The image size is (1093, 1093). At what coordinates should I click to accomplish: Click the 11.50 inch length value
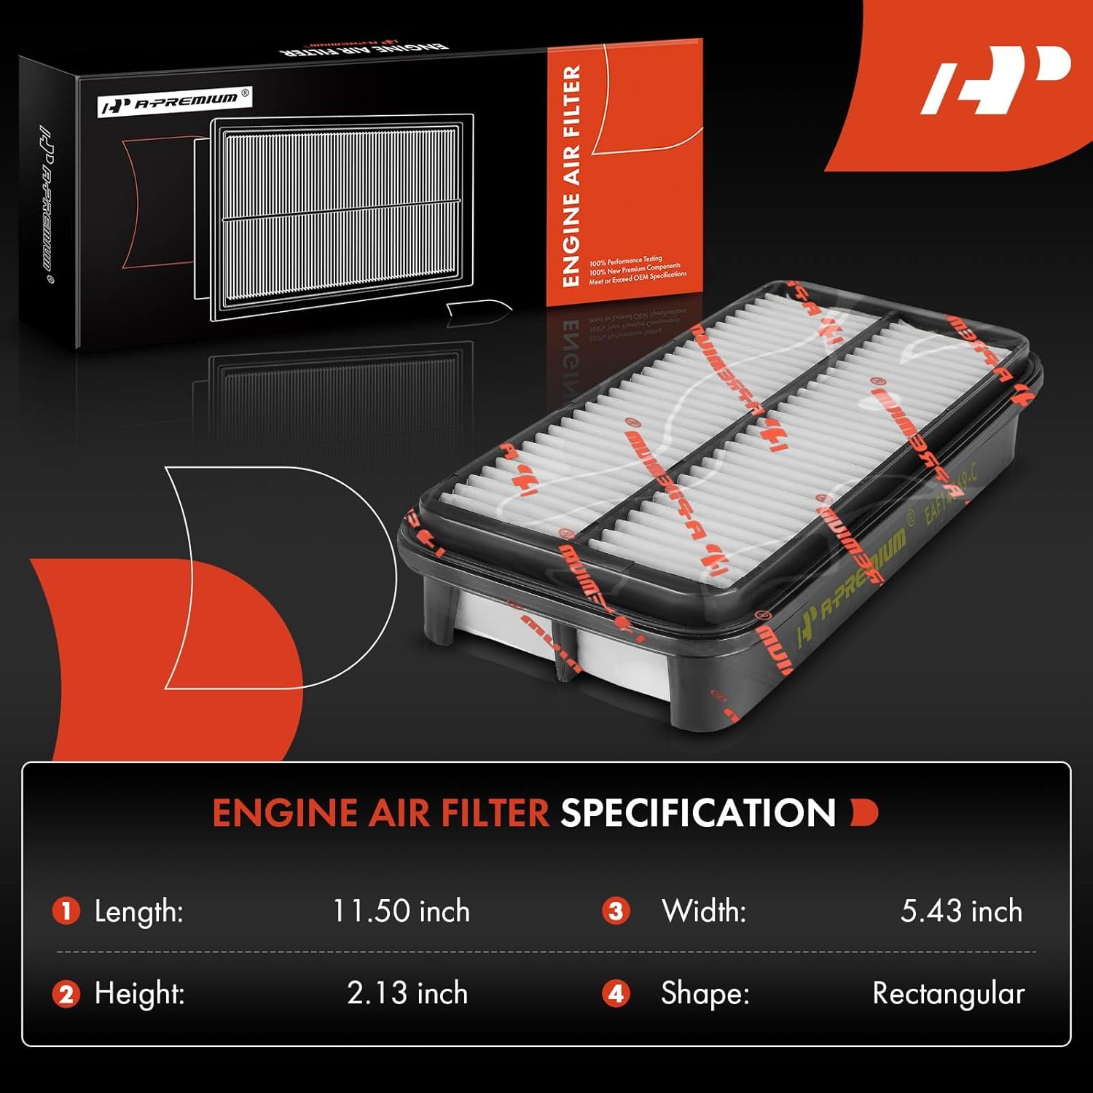click(401, 912)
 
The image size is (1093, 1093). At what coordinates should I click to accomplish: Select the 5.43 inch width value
click(960, 912)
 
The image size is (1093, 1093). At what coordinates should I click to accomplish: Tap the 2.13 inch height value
click(407, 994)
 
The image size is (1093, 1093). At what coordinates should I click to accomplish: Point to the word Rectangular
click(948, 994)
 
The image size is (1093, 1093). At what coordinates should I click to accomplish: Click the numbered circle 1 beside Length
click(66, 912)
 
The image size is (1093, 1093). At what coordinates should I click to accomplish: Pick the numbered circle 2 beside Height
click(66, 994)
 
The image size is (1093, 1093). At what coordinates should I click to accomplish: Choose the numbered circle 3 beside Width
click(616, 912)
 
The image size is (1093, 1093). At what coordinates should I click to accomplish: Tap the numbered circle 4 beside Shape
click(616, 994)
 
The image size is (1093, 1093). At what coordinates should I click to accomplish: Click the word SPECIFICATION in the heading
click(697, 813)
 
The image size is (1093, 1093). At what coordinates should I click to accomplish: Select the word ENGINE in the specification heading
click(285, 813)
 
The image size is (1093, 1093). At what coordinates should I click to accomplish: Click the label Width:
click(703, 912)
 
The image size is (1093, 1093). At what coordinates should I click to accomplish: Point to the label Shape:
click(705, 994)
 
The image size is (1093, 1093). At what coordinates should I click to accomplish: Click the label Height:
click(139, 994)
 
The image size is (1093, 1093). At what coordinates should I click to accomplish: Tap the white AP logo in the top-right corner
click(995, 80)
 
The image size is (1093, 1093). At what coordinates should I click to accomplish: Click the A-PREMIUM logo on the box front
click(175, 102)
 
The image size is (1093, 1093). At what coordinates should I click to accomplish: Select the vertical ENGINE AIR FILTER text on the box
click(571, 176)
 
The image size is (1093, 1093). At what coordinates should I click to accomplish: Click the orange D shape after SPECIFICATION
click(864, 813)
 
